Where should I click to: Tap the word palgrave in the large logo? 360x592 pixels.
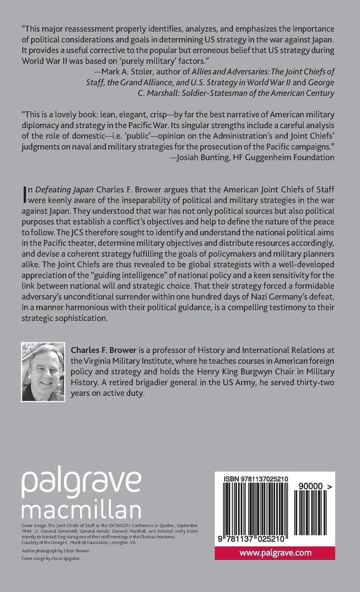click(81, 481)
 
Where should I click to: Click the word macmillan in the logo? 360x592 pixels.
click(81, 509)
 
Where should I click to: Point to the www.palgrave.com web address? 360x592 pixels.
click(275, 553)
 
